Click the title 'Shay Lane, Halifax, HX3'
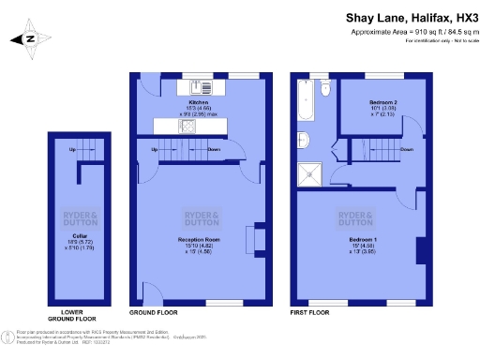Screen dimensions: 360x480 tap(398, 17)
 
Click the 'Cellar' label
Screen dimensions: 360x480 tap(80, 235)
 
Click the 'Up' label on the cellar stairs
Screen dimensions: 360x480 tap(72, 150)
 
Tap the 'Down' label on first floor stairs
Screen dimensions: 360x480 tap(406, 149)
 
